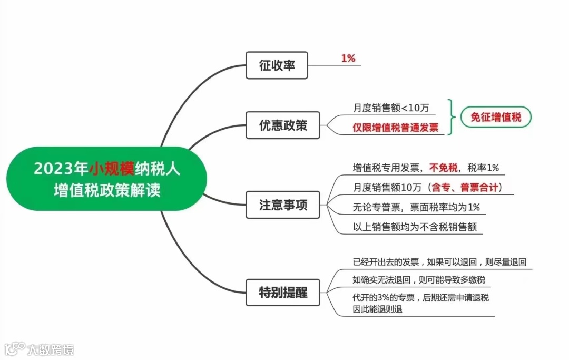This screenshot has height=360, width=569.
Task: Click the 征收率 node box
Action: tap(277, 65)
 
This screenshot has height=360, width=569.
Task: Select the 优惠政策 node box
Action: tap(283, 125)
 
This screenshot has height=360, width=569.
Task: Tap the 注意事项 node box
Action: tap(283, 205)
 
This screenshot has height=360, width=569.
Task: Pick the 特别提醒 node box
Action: tap(283, 291)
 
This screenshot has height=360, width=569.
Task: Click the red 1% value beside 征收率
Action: tap(348, 59)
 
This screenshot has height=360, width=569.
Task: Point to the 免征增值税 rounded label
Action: tap(495, 117)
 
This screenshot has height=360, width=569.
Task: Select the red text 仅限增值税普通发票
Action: tap(395, 128)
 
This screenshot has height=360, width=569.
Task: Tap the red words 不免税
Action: tap(441, 168)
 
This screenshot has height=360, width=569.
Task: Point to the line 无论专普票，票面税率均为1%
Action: tap(416, 207)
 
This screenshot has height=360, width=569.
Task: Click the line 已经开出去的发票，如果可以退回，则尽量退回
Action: tap(439, 261)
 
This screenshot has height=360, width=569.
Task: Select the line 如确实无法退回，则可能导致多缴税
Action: tap(418, 279)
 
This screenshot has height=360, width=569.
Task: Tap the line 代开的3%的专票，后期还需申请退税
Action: tap(420, 298)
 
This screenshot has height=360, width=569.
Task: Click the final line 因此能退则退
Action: tap(377, 309)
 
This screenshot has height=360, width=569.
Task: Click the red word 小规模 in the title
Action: tap(112, 169)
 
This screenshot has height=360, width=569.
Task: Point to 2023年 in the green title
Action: tap(61, 169)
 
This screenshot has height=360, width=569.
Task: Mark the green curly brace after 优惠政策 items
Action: tap(449, 117)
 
